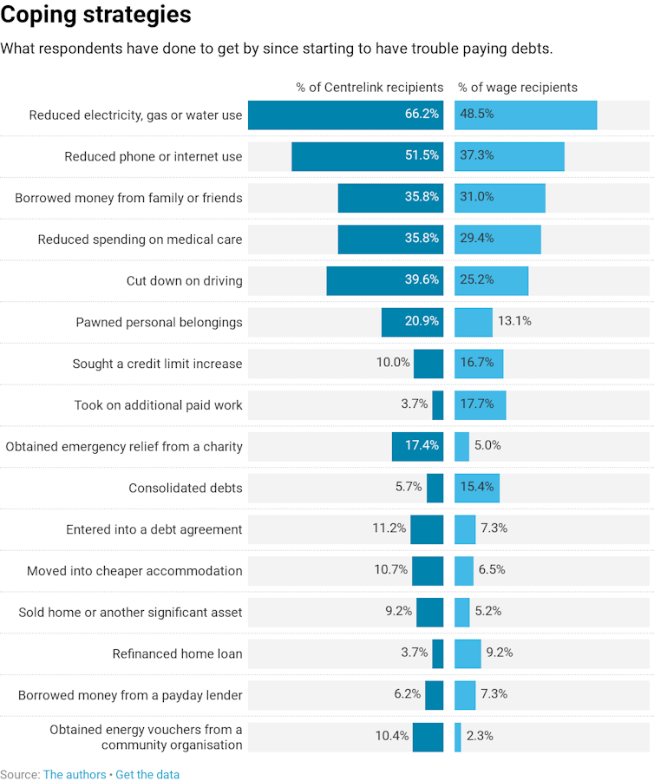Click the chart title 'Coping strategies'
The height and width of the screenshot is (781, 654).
[x=96, y=16]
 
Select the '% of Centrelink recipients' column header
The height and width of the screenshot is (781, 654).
[x=370, y=88]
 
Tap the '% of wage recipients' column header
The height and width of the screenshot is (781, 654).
[x=518, y=88]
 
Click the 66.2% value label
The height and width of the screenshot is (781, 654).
[x=422, y=115]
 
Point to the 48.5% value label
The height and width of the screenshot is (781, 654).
[x=477, y=115]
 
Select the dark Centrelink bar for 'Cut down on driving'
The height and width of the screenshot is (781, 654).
[x=384, y=280]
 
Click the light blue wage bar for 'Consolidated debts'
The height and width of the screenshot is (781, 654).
[x=476, y=488]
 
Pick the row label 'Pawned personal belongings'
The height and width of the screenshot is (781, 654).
[x=159, y=323]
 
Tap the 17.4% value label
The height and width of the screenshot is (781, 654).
[x=422, y=446]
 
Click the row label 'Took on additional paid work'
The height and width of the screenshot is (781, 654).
[x=158, y=405]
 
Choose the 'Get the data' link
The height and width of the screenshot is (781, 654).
[x=147, y=774]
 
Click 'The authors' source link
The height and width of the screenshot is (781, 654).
[x=75, y=774]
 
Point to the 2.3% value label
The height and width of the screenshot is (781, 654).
[x=480, y=736]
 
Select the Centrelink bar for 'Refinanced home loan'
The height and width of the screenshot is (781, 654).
[x=438, y=653]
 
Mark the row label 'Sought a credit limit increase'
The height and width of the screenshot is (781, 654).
[x=157, y=364]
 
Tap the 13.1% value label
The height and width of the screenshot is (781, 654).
[x=514, y=322]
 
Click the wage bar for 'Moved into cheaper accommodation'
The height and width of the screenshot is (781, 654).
[x=464, y=570]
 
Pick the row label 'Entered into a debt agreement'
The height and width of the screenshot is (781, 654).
[x=154, y=529]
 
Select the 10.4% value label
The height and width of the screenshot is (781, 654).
[x=392, y=736]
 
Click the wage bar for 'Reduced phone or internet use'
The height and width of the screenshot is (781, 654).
[x=509, y=156]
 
